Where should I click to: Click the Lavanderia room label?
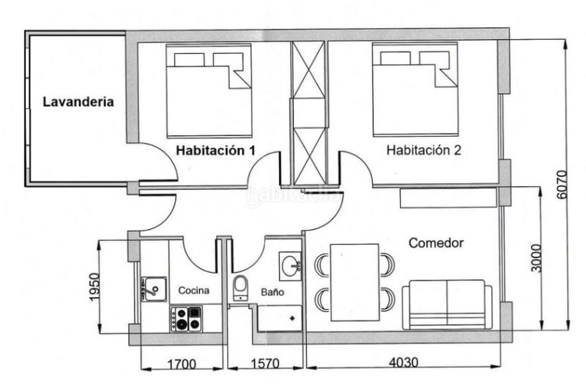(78, 102)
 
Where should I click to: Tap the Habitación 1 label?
(216, 150)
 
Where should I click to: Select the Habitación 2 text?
(423, 150)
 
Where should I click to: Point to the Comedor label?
(436, 243)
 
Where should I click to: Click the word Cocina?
(194, 290)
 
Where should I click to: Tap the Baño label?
(273, 292)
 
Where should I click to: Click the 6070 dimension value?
(562, 185)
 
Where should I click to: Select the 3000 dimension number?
(535, 258)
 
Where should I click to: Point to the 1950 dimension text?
(95, 287)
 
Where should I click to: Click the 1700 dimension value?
(181, 364)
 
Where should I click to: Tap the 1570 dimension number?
(265, 364)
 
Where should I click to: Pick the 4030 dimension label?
(403, 363)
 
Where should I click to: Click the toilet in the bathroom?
(240, 288)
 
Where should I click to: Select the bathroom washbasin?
(291, 266)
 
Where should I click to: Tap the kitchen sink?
(154, 289)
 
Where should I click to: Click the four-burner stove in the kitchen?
(186, 319)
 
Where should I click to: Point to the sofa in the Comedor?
(447, 305)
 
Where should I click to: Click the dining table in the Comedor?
(355, 282)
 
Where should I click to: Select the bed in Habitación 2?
(415, 90)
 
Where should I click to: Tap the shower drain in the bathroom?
(292, 318)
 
